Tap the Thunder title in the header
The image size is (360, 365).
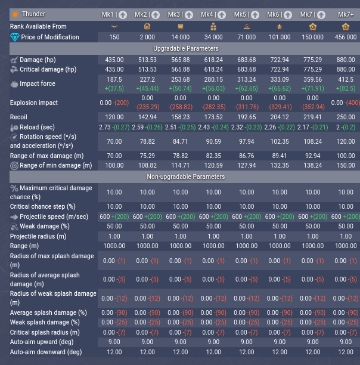pyautogui.click(x=37, y=14)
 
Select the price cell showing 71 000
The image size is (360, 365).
pyautogui.click(x=247, y=37)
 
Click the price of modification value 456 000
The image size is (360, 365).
pyautogui.click(x=346, y=37)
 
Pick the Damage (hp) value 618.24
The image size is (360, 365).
pyautogui.click(x=213, y=60)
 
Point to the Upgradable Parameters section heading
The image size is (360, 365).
pyautogui.click(x=186, y=48)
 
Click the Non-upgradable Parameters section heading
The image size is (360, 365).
pyautogui.click(x=186, y=177)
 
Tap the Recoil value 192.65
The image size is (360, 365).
pyautogui.click(x=247, y=117)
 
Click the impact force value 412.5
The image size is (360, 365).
pyautogui.click(x=346, y=79)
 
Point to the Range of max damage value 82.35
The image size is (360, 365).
pyautogui.click(x=213, y=156)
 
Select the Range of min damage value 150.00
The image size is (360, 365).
pyautogui.click(x=346, y=165)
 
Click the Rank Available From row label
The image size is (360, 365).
pyautogui.click(x=38, y=26)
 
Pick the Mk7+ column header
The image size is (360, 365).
pyautogui.click(x=346, y=14)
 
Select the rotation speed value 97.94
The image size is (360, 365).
pyautogui.click(x=247, y=141)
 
